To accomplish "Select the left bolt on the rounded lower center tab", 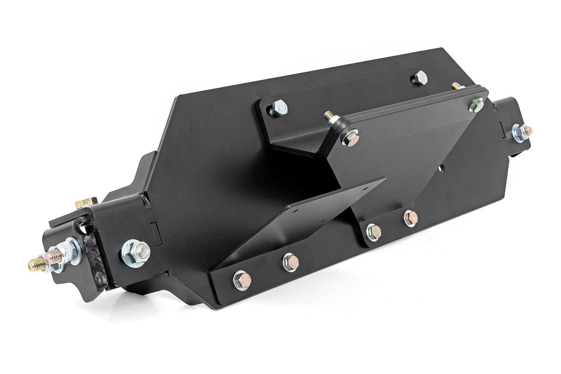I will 374,231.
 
